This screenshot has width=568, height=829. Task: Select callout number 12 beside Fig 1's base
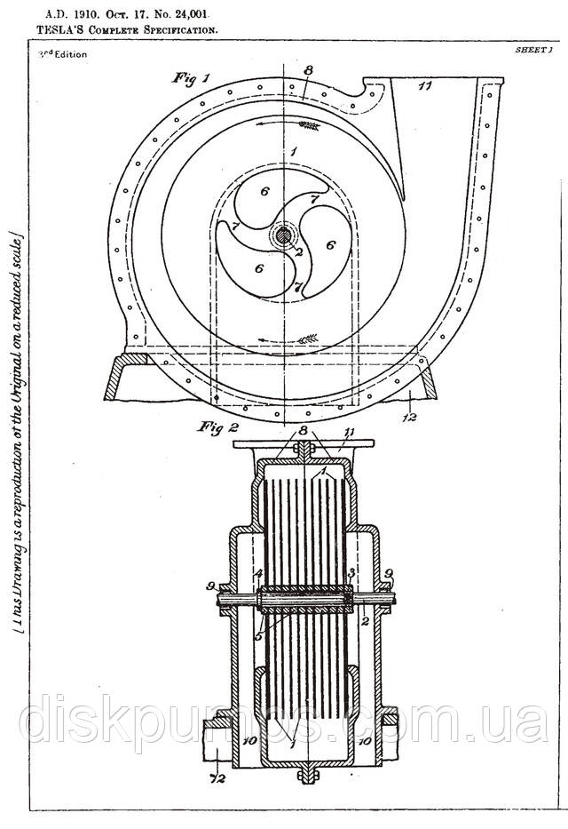pyautogui.click(x=406, y=415)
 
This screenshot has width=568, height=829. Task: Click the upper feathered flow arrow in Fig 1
pyautogui.click(x=309, y=126)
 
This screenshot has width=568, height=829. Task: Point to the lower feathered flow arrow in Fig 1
pyautogui.click(x=306, y=339)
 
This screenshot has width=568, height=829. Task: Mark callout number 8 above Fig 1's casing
pyautogui.click(x=308, y=68)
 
